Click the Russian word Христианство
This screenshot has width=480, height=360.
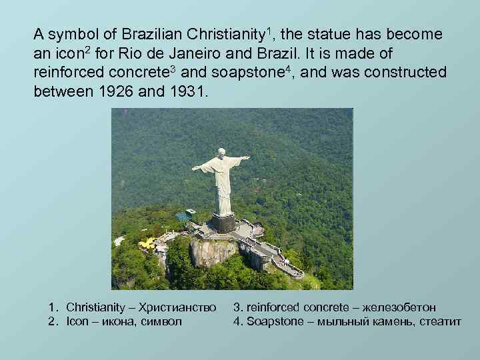pos(178,308)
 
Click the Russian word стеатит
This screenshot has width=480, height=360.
pos(438,321)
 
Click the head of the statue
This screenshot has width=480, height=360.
pos(221,153)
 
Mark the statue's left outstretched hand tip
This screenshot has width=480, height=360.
pos(247,158)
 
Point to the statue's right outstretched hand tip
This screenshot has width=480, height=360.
pos(194,168)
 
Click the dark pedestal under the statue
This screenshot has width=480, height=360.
pos(223,222)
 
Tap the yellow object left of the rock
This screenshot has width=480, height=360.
pos(146,243)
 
